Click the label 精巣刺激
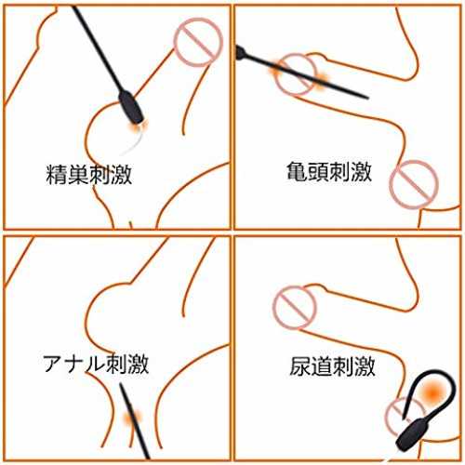point(89,175)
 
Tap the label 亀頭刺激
point(329,171)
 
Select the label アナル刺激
point(96,364)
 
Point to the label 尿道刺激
point(332,366)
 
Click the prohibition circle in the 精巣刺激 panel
point(198,42)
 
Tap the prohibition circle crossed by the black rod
point(296,74)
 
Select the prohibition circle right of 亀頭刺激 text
point(414,184)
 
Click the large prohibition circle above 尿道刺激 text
point(295,307)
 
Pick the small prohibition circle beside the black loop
point(403,414)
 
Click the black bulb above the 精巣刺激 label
point(131,107)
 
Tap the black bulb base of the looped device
point(409,434)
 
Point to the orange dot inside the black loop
point(432,392)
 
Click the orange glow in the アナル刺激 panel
point(132,418)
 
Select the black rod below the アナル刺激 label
point(135,420)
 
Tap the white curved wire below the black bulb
point(132,142)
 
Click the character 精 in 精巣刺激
point(56,175)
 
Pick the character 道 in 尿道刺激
point(322,366)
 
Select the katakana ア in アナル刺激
point(53,364)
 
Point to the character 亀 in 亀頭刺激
point(297,171)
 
